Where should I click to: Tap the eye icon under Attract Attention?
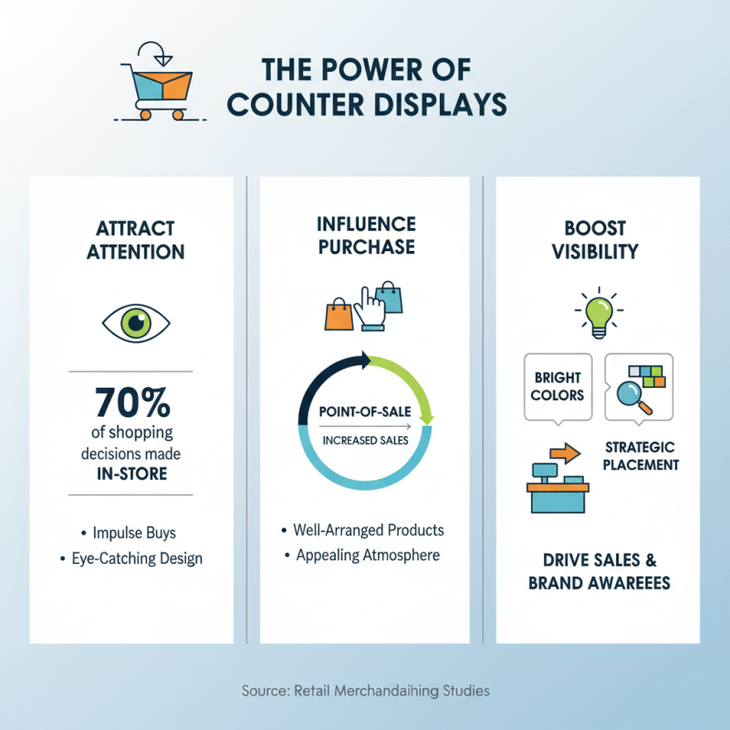(x=135, y=322)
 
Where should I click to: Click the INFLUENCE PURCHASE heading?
(x=365, y=235)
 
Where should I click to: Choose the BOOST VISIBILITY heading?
(x=599, y=240)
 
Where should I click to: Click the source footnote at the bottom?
(x=365, y=691)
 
